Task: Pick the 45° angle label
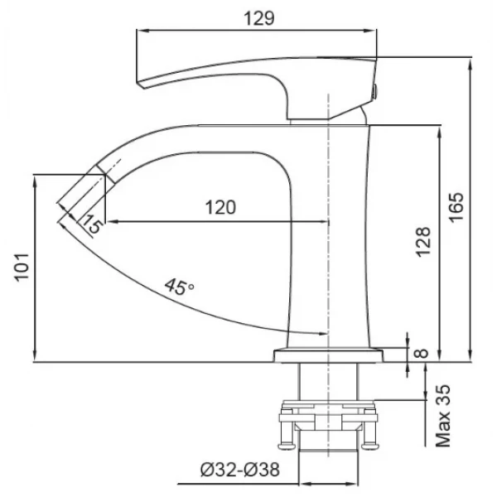coord(178,287)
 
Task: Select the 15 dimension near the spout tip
coord(92,224)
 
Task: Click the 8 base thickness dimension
coord(421,354)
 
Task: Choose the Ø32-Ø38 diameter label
coord(239,470)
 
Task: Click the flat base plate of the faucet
coord(330,355)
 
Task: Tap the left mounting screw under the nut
coord(286,435)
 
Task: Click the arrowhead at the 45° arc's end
coord(321,333)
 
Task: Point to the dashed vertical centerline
coord(330,248)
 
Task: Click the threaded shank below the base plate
coord(330,383)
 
